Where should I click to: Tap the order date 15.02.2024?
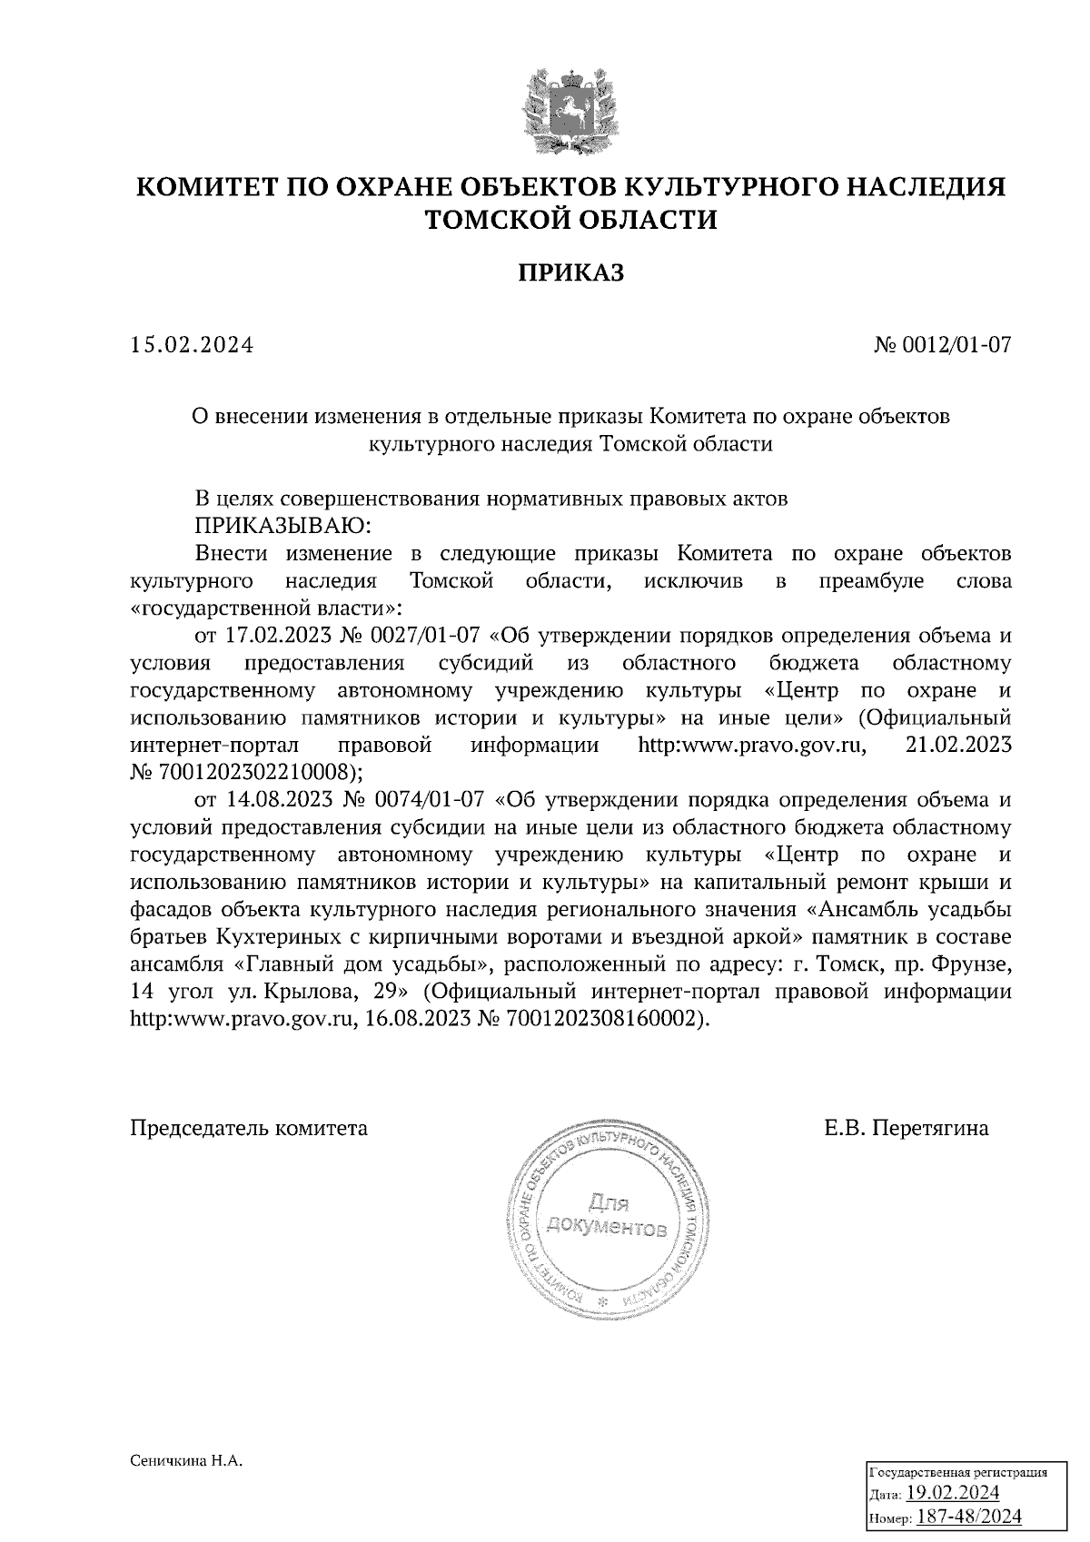(192, 346)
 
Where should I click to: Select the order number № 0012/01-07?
(942, 346)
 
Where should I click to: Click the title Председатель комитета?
(250, 1129)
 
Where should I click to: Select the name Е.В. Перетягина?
(907, 1129)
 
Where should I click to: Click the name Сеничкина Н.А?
(189, 1461)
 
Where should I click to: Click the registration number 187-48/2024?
(969, 1517)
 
